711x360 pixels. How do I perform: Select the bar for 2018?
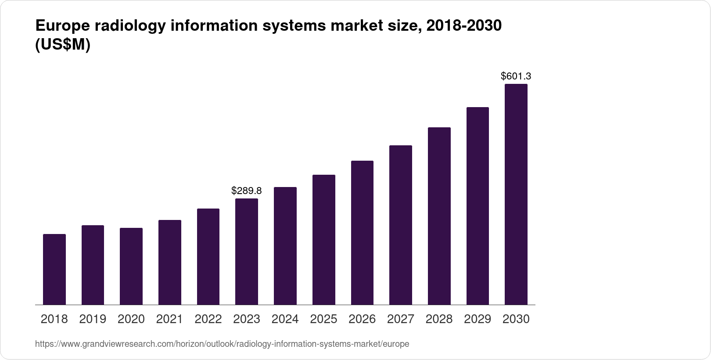[54, 269]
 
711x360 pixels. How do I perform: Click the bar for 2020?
[131, 266]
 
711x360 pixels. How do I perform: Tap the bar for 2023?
[247, 252]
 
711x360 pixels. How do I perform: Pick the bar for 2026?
[362, 233]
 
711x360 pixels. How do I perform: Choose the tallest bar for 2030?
[516, 194]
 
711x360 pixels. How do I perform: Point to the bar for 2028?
[439, 216]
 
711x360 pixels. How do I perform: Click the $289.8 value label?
[247, 191]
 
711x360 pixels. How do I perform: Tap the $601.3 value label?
[516, 76]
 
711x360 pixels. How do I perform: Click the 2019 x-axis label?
[93, 319]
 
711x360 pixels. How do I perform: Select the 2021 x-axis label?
[169, 319]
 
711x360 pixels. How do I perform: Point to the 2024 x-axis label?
[285, 319]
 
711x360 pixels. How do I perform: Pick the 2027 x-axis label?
[401, 319]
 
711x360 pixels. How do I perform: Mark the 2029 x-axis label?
[478, 319]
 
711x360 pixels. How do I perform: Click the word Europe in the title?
[62, 26]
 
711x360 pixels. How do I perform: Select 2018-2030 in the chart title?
[464, 26]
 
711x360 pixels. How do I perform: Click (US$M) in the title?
[62, 45]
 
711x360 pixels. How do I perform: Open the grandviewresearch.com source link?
[222, 344]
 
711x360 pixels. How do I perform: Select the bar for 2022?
[208, 257]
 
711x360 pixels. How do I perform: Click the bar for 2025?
[324, 240]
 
